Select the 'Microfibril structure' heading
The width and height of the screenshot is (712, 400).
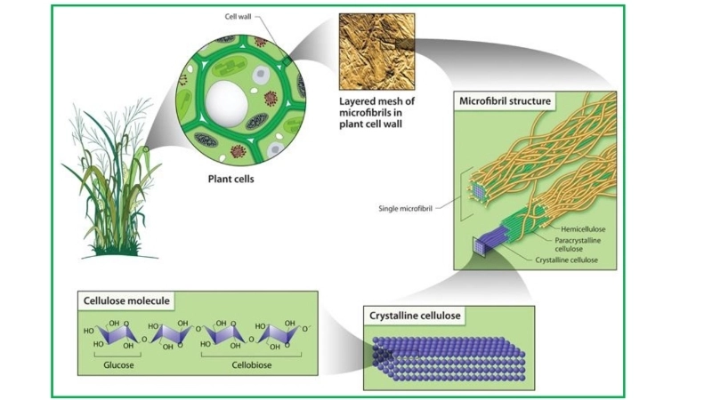[505, 101]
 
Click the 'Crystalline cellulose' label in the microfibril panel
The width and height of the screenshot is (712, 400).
[565, 260]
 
